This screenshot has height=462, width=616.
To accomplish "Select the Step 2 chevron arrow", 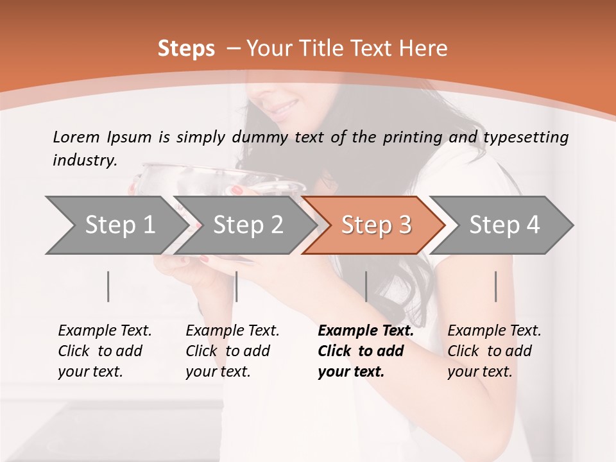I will [247, 225].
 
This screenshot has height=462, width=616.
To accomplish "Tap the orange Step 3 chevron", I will [375, 225].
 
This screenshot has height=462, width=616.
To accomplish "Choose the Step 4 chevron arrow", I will [504, 225].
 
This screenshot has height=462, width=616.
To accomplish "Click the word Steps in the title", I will [186, 49].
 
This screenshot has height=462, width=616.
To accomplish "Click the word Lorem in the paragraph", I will [76, 137].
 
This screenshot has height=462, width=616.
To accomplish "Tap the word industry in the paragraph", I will [85, 160].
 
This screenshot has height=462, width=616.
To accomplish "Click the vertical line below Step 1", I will [108, 286].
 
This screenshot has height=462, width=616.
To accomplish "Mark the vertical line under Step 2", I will [237, 286].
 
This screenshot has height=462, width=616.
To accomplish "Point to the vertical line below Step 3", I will [366, 286].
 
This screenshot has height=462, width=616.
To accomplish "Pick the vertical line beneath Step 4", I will [496, 286].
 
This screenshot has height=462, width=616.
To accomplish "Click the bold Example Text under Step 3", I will [366, 331].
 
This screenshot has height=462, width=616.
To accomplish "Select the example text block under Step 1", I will [105, 351].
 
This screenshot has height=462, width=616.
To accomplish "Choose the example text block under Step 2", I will [232, 351].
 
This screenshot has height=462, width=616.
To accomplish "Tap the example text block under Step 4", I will [494, 351].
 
